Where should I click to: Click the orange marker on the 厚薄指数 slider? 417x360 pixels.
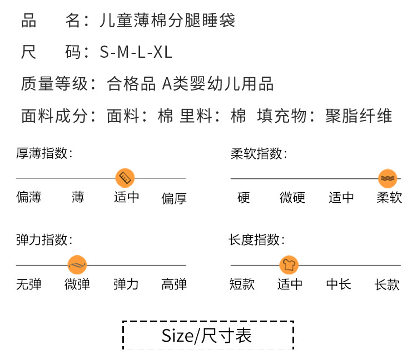pos(125,178)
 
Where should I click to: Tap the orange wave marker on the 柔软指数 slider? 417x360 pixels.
pos(387,178)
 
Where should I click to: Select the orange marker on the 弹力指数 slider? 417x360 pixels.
pos(78,264)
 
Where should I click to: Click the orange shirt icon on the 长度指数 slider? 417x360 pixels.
pos(289,264)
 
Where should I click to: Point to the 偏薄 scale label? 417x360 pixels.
pos(29,197)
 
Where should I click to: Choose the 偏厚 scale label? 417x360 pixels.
pos(173,198)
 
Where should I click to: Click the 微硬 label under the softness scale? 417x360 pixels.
pos(292,198)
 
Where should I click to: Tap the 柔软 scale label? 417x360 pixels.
pos(389,198)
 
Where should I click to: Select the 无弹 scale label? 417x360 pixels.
pos(29,284)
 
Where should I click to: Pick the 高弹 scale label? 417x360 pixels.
pos(173,284)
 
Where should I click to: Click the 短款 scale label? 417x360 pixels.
pos(242,284)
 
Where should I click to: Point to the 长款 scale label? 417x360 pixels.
pos(387,284)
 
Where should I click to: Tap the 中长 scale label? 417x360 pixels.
pos(339,284)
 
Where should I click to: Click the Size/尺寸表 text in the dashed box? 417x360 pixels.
pos(207,335)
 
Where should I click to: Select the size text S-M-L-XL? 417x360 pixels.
pos(136,53)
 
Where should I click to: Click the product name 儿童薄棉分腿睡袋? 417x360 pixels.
pos(167,21)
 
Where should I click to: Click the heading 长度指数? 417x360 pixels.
pos(256,240)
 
